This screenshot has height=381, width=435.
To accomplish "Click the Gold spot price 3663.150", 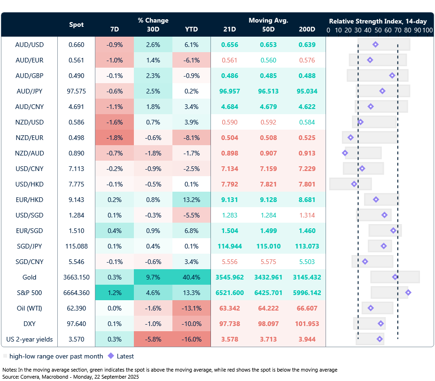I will click(77, 277).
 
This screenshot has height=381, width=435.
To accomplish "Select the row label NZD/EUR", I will click(30, 138).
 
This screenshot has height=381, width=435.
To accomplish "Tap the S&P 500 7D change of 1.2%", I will click(114, 293).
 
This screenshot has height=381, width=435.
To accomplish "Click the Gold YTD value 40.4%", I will click(191, 277).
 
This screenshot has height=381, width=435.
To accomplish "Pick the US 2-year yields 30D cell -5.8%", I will click(153, 339).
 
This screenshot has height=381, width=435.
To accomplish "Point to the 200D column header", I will click(307, 29).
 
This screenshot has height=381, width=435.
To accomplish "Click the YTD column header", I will click(191, 29).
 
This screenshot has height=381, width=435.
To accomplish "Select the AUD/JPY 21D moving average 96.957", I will click(230, 91).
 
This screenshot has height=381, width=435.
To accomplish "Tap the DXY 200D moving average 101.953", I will click(307, 324).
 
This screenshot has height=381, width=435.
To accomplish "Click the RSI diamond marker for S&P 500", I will click(408, 292).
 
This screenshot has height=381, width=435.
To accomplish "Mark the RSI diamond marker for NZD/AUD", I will click(345, 153).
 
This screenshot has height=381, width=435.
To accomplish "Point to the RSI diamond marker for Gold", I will click(395, 277).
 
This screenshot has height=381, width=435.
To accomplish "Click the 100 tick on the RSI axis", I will click(427, 30).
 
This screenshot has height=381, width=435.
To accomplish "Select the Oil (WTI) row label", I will click(30, 308).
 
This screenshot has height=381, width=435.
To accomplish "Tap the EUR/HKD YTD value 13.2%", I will click(191, 200).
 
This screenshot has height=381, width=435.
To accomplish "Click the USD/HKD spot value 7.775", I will click(77, 184).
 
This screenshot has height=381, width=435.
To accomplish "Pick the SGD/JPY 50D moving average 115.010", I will click(268, 246).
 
